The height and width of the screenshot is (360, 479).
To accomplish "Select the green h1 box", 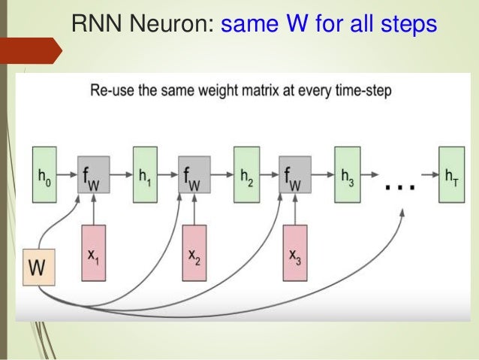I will coord(144,177).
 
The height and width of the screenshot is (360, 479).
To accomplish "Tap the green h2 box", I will coord(246,177).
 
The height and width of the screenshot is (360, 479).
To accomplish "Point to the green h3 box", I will coord(347,177).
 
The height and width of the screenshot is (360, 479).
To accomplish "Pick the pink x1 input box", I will coord(93,256).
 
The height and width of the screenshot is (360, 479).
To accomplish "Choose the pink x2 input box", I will coord(194,256).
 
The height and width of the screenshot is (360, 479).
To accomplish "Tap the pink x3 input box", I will coord(296,256).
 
